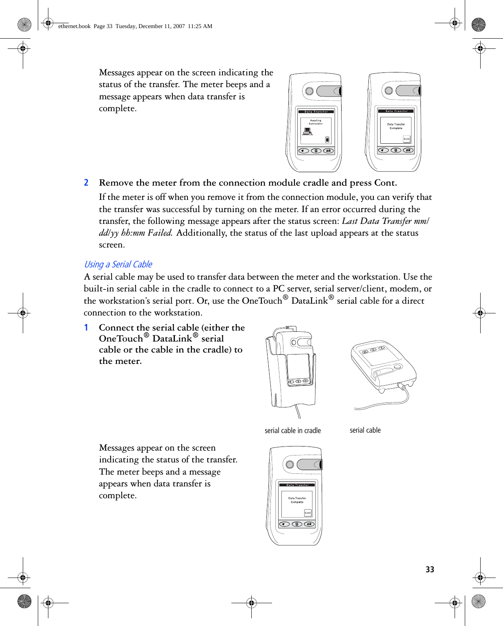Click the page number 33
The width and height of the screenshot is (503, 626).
(430, 569)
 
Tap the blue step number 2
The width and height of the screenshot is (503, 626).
(86, 183)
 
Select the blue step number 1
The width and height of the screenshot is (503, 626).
(86, 328)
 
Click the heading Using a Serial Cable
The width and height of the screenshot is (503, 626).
(118, 265)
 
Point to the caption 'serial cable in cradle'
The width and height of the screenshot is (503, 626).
(292, 431)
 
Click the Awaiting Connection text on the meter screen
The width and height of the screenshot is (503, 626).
(316, 122)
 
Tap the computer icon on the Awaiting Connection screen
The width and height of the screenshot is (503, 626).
(307, 131)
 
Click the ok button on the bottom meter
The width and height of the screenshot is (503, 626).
(309, 524)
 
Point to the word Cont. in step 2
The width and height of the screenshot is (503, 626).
(385, 183)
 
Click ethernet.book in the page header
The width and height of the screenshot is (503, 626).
(74, 26)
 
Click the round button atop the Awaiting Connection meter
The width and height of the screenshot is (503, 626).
(309, 91)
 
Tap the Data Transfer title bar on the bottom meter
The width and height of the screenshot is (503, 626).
(298, 485)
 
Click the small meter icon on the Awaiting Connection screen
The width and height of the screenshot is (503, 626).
(327, 140)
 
